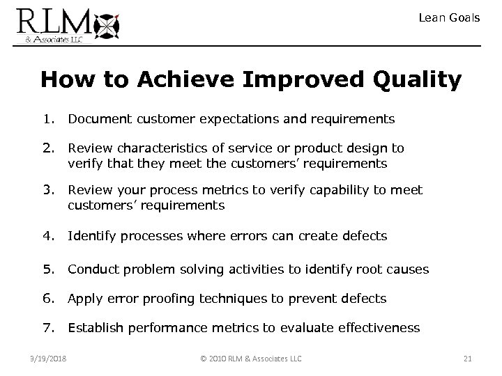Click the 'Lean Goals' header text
449,17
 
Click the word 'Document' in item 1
96,119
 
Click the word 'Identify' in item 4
91,236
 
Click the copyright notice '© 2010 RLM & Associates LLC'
250,359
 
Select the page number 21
468,359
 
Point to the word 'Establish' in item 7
96,327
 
